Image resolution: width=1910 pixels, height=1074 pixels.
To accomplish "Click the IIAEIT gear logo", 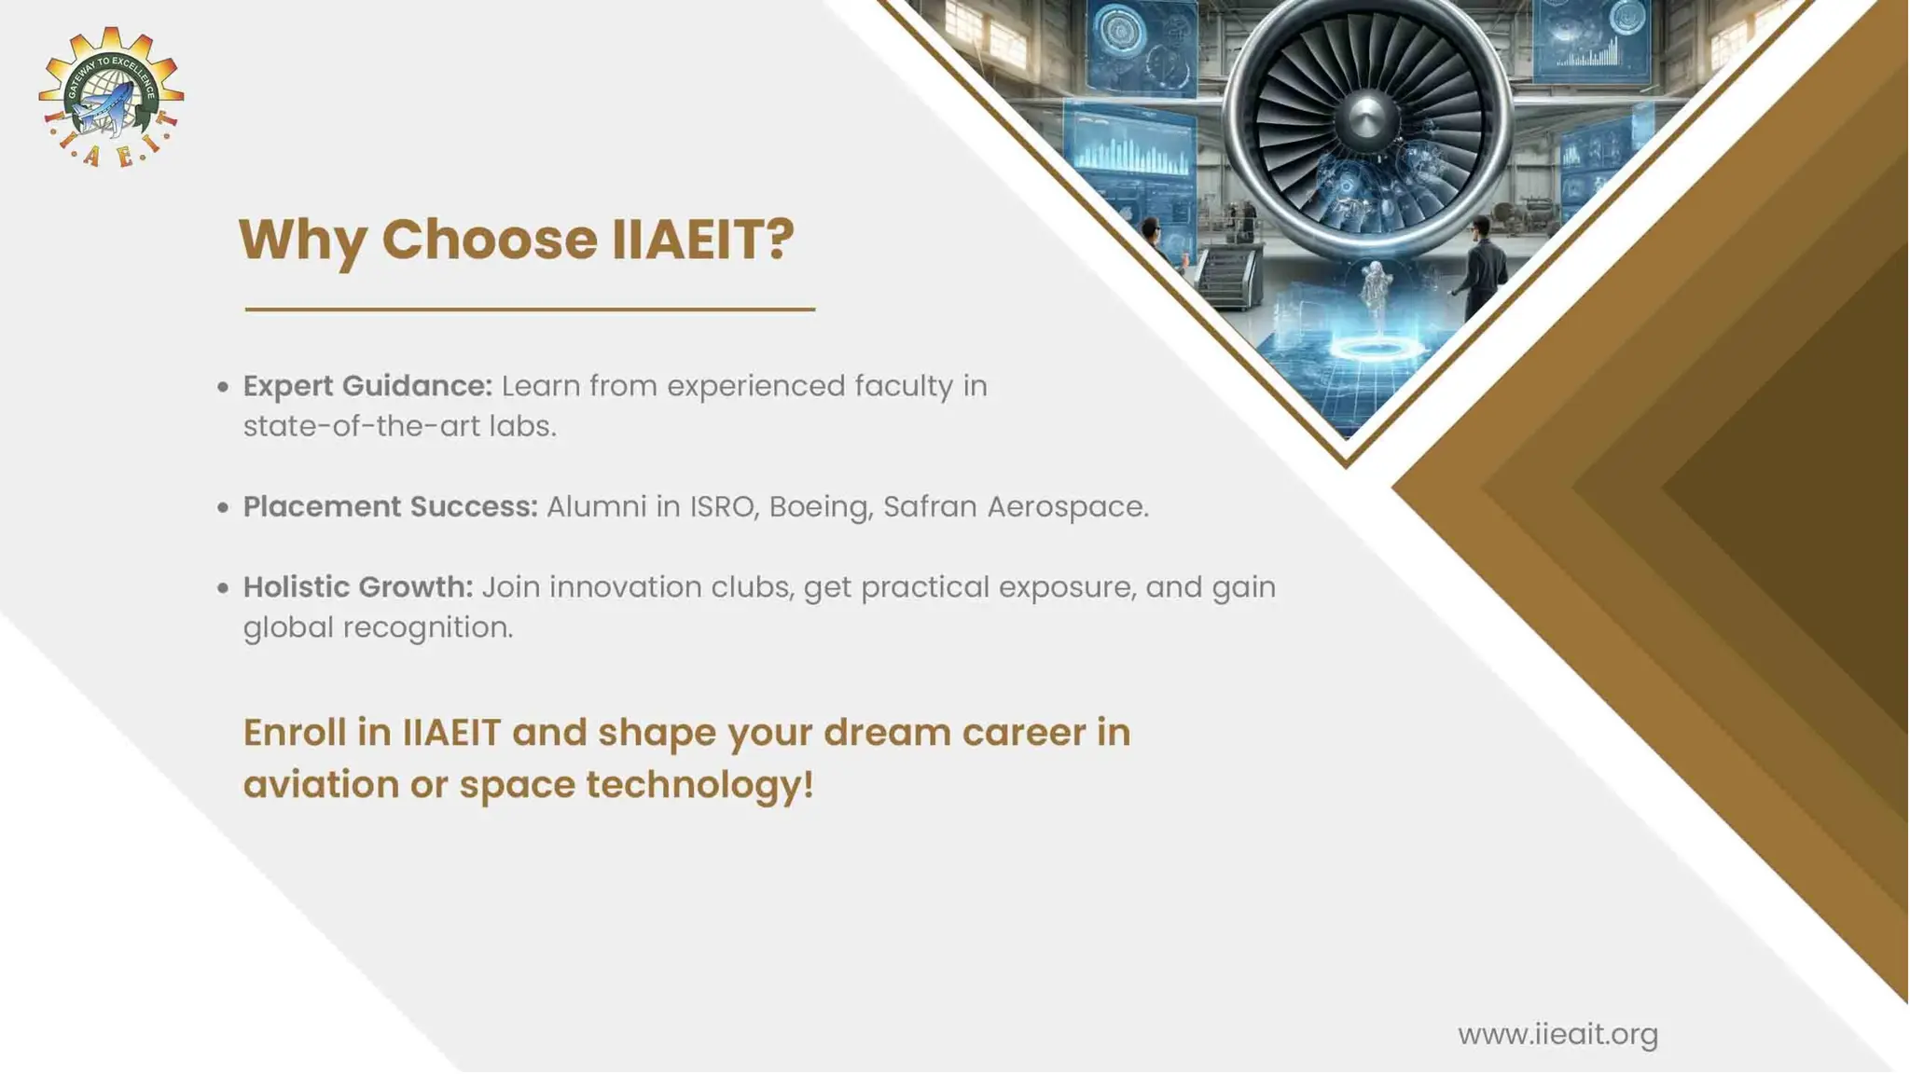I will point(111,97).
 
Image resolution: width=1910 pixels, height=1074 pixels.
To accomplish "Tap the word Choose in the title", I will point(489,240).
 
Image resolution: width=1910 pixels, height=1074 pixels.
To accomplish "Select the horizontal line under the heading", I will point(530,309).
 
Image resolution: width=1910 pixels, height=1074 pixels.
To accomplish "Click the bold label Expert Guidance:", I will point(367,386).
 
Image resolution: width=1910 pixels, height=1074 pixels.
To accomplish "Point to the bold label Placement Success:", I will point(390,507).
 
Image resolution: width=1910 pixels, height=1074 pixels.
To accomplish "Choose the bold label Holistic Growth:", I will point(358,587).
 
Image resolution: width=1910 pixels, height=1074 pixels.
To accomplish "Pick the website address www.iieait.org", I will point(1557,1035).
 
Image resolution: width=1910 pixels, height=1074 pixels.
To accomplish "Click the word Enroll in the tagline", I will point(295,733).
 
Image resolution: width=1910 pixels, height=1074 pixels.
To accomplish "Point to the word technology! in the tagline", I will point(699,785).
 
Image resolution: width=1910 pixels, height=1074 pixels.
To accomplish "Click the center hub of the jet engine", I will point(1365,118).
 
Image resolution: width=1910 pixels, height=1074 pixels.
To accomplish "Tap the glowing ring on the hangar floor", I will point(1378,349).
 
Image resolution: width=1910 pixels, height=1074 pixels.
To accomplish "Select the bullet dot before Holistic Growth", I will point(223,588).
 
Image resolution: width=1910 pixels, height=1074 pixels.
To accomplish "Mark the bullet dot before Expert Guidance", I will point(223,387).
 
